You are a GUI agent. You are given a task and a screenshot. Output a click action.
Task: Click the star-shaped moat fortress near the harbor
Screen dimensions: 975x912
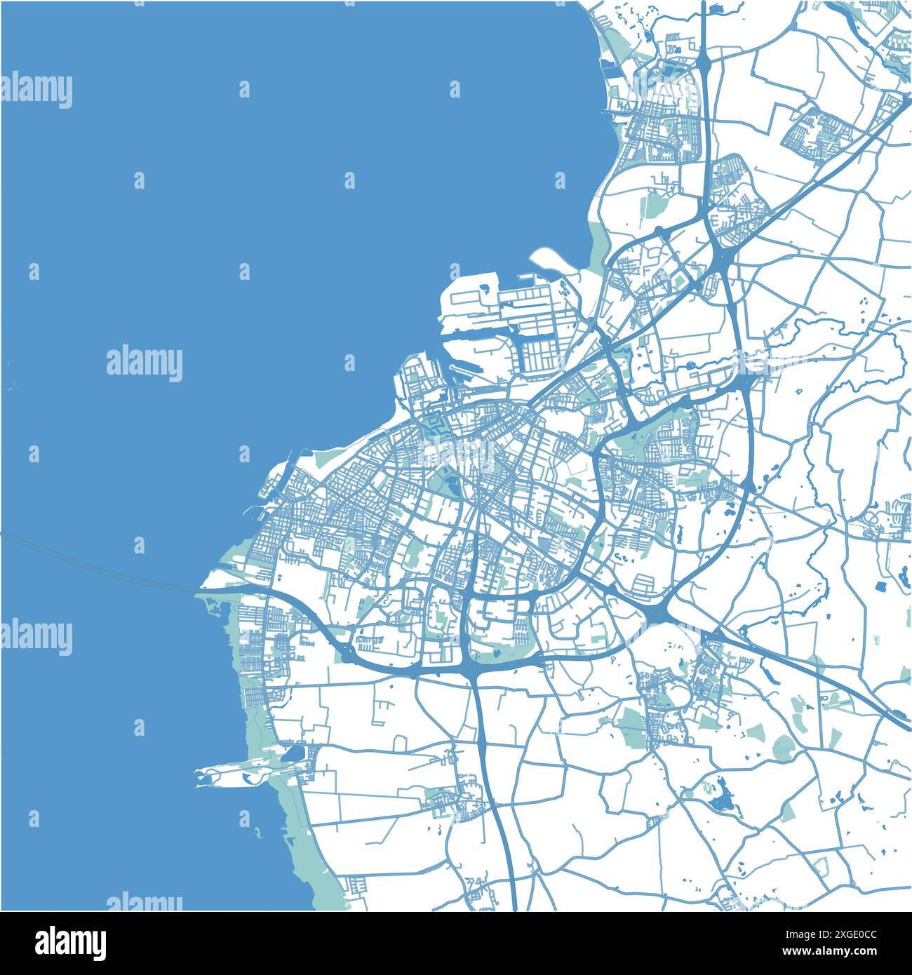point(434,424)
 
